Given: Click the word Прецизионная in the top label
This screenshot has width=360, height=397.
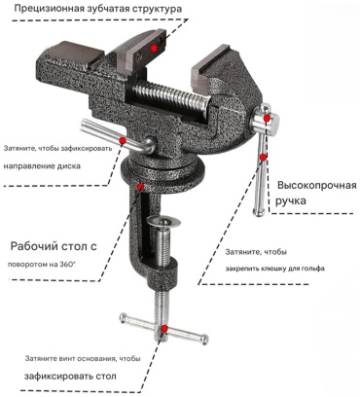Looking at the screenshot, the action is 45,9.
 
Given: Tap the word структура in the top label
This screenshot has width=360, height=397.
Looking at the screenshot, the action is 157,9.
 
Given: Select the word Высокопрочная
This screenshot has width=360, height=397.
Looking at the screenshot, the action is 317,186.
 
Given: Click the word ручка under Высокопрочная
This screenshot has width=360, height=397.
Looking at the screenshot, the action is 291,200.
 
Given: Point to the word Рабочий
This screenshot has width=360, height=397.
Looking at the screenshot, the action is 31,246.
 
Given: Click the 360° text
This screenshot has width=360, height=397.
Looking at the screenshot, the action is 67,264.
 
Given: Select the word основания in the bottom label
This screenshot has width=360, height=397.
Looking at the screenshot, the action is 97,359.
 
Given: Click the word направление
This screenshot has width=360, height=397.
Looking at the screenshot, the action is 29,166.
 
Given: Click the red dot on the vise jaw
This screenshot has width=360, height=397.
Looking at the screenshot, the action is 154,48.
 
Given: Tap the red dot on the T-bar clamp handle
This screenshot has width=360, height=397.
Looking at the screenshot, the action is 164,328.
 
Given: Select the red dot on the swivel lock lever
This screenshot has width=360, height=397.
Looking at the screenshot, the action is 123,140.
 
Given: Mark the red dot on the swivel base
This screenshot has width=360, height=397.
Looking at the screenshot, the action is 140,187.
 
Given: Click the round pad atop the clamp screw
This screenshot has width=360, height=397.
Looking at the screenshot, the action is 163,221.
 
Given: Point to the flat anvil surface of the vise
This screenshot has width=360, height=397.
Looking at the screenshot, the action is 75,53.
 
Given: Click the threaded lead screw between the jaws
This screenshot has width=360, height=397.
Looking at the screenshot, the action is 172,97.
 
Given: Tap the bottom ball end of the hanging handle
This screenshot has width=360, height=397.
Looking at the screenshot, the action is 259,212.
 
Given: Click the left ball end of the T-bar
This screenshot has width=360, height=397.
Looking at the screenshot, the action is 123,317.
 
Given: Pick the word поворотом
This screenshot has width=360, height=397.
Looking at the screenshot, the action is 28,265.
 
